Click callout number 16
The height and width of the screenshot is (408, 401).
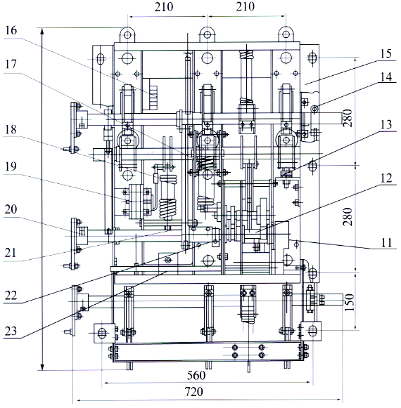coord(11,30)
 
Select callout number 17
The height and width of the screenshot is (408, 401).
coord(11,65)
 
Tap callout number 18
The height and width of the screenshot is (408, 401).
coord(11,129)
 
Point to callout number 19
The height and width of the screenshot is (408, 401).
coord(11,166)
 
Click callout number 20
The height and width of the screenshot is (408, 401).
coord(11,209)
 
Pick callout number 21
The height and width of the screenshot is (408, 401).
coord(11,253)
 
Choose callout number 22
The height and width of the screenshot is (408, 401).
coord(11,296)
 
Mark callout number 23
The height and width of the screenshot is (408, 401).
coord(11,331)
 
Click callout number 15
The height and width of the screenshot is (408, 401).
coord(386,54)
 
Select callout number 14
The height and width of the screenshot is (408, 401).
coord(386,77)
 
